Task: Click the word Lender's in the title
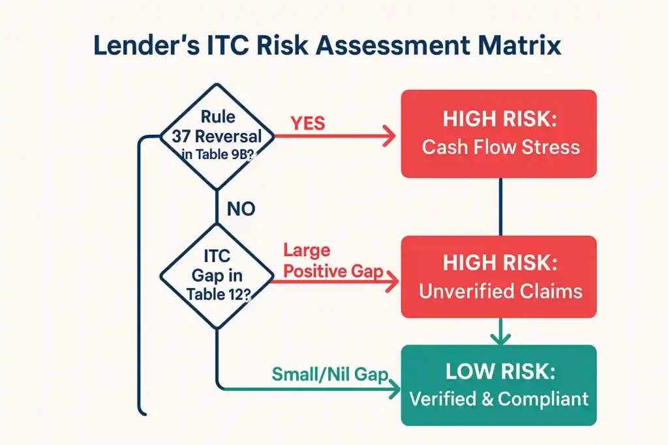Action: [146, 45]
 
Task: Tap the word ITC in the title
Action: [228, 45]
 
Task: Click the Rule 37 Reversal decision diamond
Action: [217, 137]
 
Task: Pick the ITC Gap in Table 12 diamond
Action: [217, 276]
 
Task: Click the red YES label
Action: [308, 123]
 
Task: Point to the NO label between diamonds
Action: [241, 209]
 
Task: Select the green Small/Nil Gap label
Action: [330, 375]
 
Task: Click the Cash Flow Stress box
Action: [499, 134]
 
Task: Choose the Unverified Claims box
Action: [499, 276]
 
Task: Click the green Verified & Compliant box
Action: [499, 385]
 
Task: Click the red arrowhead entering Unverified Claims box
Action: [392, 281]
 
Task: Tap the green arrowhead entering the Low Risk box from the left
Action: [395, 389]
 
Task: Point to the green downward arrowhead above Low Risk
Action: [500, 339]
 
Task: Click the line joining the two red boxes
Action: [500, 207]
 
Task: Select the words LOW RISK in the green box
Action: [500, 371]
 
